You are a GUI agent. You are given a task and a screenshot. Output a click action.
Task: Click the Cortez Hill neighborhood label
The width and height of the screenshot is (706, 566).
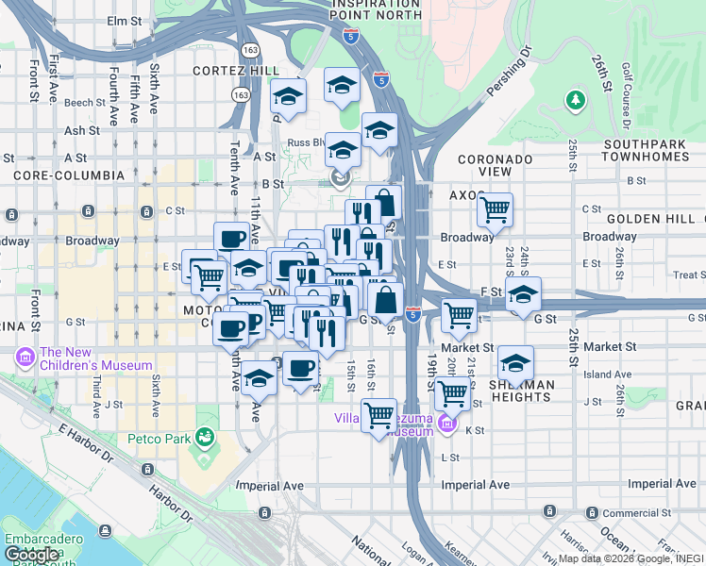[x=235, y=71]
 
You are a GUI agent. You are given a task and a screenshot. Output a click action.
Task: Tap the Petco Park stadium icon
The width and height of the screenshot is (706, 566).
[x=202, y=437]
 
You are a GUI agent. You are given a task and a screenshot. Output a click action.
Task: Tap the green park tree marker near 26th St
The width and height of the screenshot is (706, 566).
[x=575, y=99]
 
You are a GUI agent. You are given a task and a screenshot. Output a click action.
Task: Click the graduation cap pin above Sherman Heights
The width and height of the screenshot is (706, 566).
[x=515, y=362]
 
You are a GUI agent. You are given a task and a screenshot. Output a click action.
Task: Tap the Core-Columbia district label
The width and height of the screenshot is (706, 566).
[x=69, y=175]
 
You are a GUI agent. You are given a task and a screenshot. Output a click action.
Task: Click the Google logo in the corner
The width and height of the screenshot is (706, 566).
[x=32, y=555]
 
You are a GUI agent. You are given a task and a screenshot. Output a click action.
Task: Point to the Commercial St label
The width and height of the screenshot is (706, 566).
[x=637, y=513]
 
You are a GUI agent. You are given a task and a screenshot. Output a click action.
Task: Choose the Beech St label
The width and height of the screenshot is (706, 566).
[x=84, y=103]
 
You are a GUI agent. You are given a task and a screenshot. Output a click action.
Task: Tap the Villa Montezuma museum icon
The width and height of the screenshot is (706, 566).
[x=447, y=425]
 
